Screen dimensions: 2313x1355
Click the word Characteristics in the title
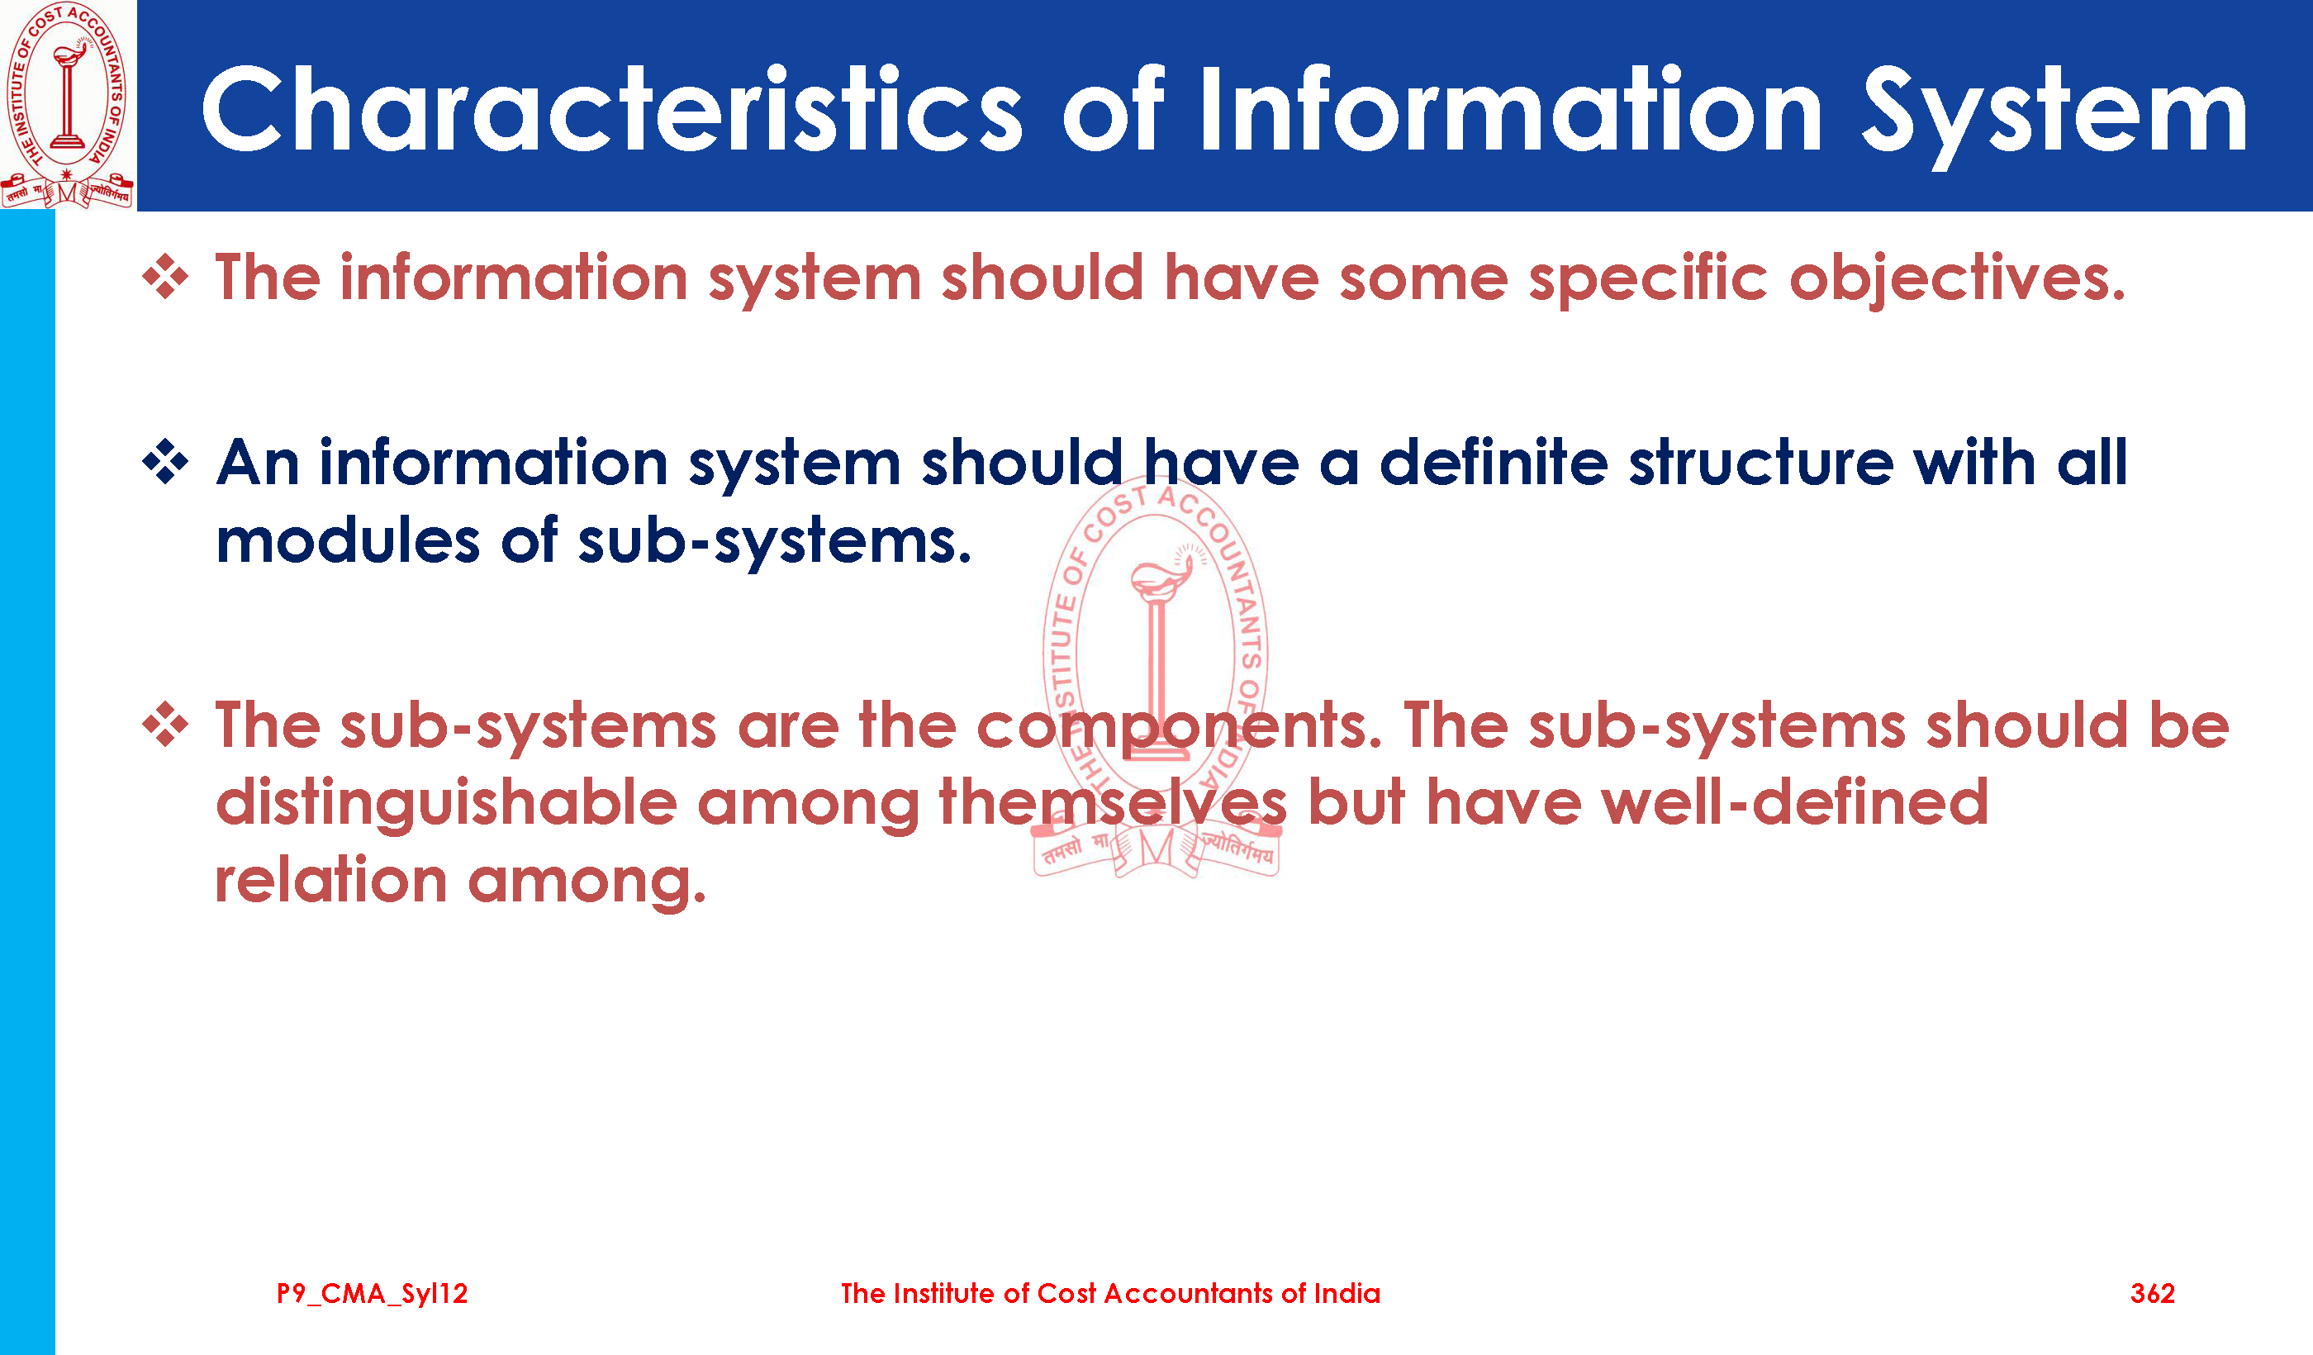(x=611, y=108)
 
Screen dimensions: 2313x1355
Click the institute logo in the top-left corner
(x=68, y=105)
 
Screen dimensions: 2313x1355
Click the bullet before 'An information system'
(x=165, y=462)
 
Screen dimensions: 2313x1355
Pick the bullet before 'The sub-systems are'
(x=165, y=725)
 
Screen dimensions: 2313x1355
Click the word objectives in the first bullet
(x=1957, y=279)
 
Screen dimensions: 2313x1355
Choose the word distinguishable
(x=446, y=804)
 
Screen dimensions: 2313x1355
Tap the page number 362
(x=2153, y=1294)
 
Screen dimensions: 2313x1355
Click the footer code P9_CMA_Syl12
(x=372, y=1295)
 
